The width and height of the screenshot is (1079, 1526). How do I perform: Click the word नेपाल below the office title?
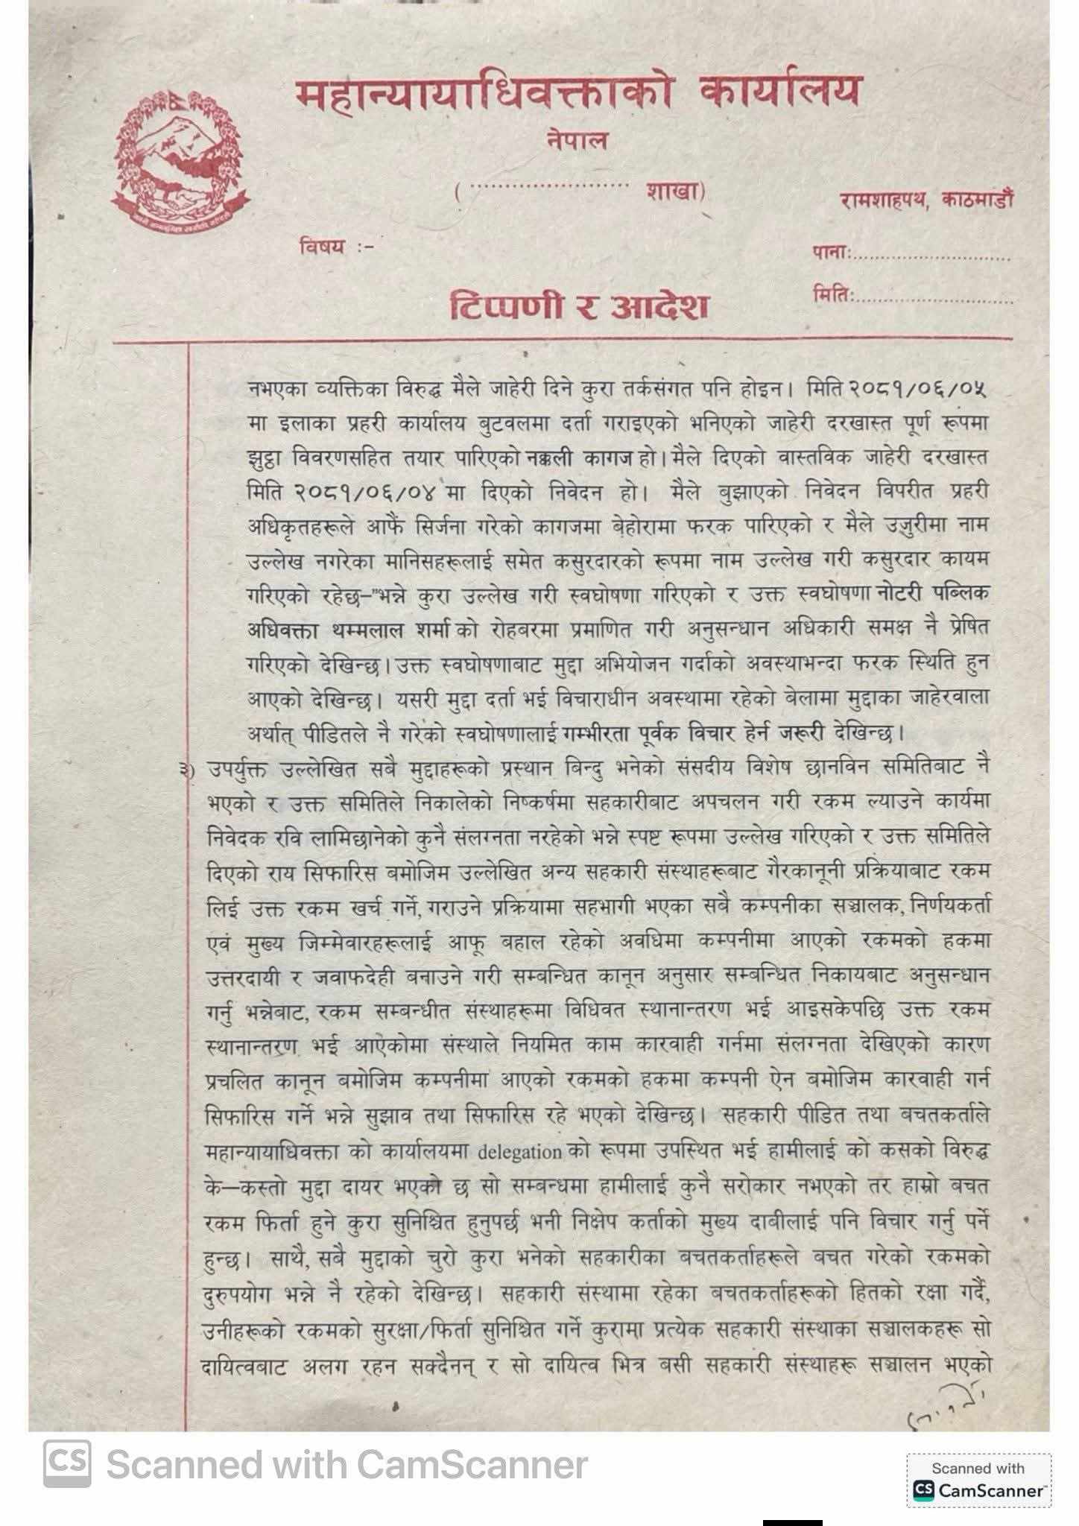coord(576,140)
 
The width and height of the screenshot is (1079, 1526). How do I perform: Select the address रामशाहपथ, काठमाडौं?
coord(925,200)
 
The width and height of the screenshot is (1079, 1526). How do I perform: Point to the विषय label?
coord(322,246)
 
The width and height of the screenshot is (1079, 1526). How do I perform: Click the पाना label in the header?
coord(832,253)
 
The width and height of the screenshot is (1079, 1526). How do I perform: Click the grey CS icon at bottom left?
coord(67,1463)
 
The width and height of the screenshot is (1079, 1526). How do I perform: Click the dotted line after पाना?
coord(933,257)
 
